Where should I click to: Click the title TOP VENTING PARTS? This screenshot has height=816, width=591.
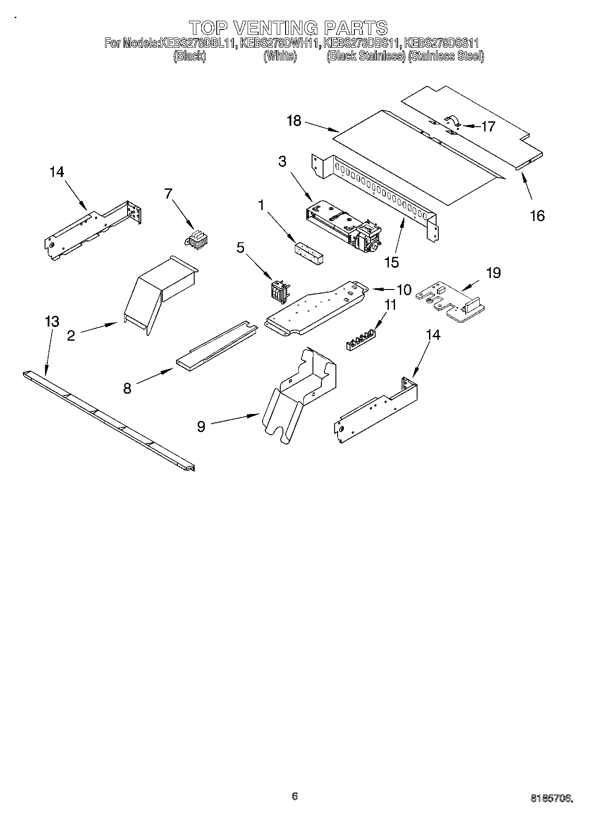288,27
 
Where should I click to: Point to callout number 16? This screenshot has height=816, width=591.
537,216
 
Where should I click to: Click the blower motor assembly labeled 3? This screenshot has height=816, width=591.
344,226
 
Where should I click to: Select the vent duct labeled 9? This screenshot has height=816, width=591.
298,394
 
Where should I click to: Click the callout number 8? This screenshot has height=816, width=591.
127,388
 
